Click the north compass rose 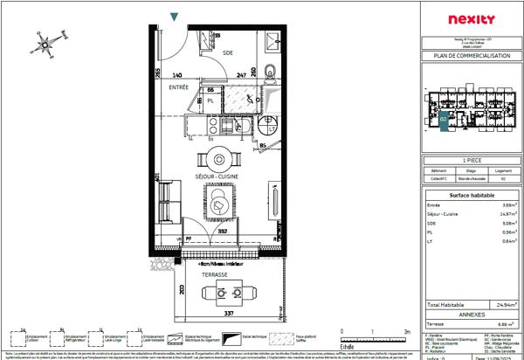point(50,40)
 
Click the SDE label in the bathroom point(228,53)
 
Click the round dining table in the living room point(214,160)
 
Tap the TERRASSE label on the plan point(214,274)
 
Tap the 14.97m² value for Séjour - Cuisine point(498,214)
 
